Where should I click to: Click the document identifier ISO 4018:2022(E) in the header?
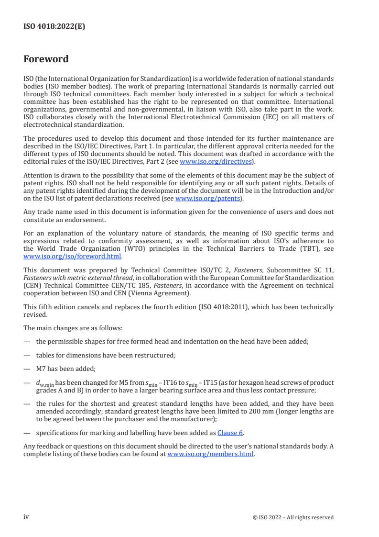coord(54,27)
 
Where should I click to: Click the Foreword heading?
coord(46,59)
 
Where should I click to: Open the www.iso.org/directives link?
coord(215,162)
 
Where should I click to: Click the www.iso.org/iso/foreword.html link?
coord(71,256)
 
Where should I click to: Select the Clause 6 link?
coord(230,433)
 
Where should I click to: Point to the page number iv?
coord(26,517)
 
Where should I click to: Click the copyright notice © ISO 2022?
coord(293,517)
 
